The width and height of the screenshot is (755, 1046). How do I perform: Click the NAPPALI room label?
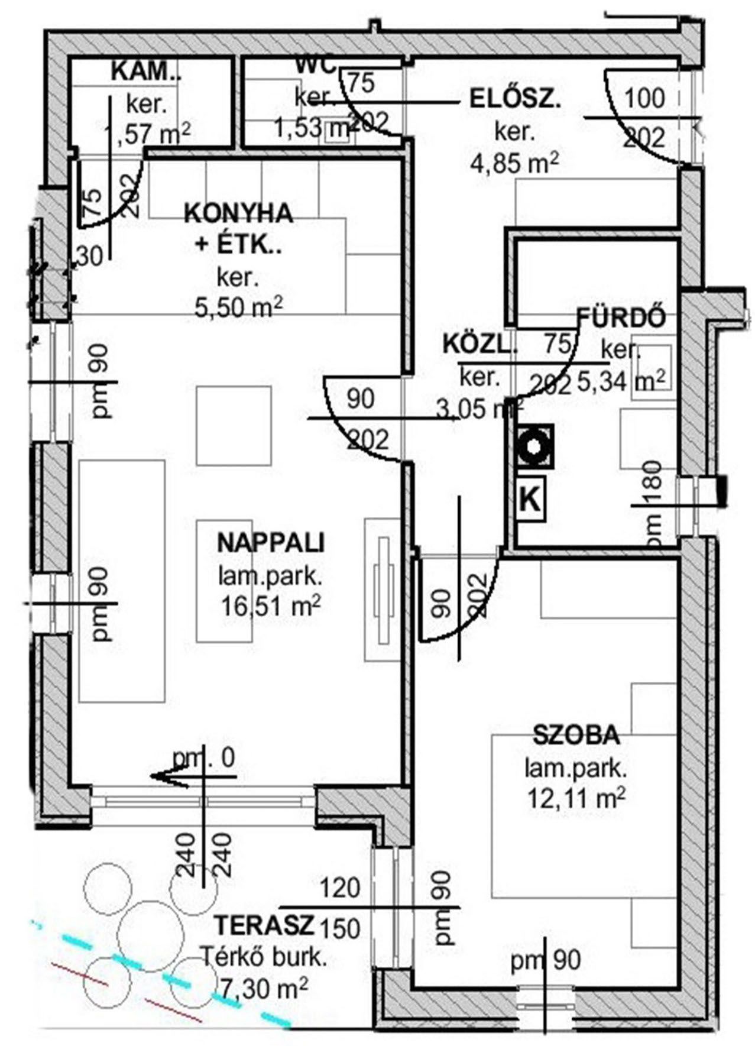tap(271, 542)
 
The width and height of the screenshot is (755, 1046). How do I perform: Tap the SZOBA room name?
tap(576, 735)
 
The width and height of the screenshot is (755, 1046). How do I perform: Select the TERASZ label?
tap(264, 925)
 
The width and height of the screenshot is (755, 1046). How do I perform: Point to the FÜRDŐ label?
tap(621, 318)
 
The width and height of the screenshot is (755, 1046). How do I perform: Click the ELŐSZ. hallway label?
tap(514, 99)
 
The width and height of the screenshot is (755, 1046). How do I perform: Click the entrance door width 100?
tap(644, 98)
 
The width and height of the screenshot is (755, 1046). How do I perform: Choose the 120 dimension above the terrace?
tap(340, 888)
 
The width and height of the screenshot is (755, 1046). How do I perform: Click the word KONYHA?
tap(238, 213)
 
